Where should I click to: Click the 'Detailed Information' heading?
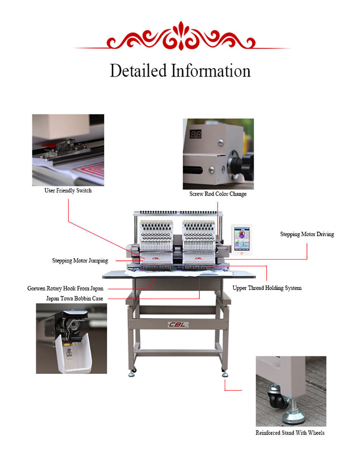pos(180,71)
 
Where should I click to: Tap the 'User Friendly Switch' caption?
pos(68,190)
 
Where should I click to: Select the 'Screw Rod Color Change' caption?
pos(218,194)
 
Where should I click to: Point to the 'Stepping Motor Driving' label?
pos(307,234)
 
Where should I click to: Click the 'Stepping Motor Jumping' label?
pos(80,261)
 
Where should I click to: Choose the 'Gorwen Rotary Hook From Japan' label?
pos(65,288)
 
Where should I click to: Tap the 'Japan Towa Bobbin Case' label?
pos(75,299)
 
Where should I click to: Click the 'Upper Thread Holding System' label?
pos(267,288)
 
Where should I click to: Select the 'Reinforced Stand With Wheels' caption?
pos(290,433)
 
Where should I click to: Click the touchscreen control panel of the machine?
pos(242,239)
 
